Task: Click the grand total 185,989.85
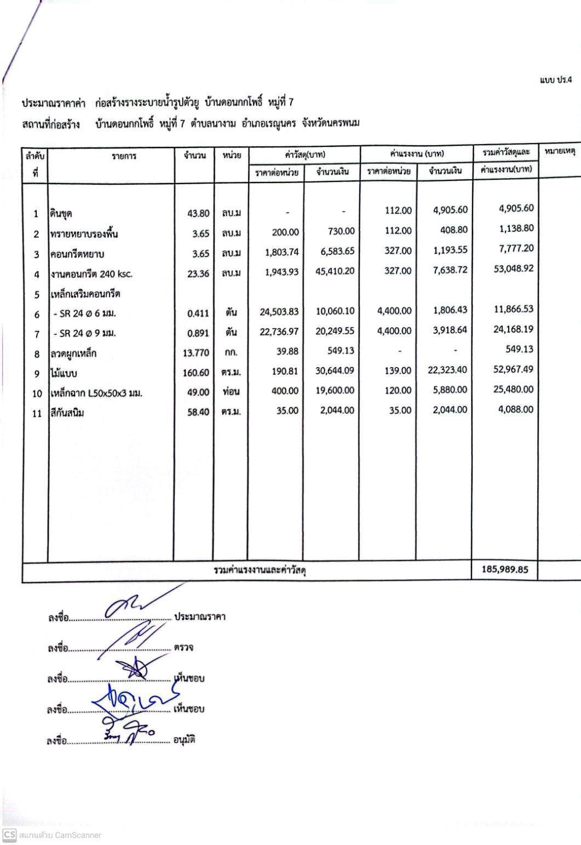click(x=504, y=569)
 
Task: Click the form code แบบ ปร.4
click(x=555, y=80)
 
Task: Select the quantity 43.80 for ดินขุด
click(x=198, y=213)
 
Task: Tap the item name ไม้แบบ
click(x=64, y=374)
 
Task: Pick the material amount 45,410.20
click(x=335, y=271)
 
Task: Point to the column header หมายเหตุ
click(x=559, y=151)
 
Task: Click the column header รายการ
click(x=124, y=156)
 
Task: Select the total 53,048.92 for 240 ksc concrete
click(x=513, y=269)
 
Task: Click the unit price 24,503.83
click(x=279, y=312)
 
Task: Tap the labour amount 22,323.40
click(x=447, y=370)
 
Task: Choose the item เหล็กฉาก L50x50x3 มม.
click(x=96, y=393)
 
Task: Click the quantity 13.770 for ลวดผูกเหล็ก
click(x=196, y=353)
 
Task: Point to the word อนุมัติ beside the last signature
click(x=184, y=740)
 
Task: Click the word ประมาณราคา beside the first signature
click(x=199, y=616)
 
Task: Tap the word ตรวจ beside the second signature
click(x=183, y=647)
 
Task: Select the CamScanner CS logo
click(x=9, y=835)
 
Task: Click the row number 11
click(x=37, y=413)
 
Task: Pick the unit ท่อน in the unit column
click(x=231, y=392)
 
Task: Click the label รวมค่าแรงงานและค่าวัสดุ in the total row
click(x=260, y=570)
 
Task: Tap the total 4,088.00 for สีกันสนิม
click(x=515, y=409)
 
